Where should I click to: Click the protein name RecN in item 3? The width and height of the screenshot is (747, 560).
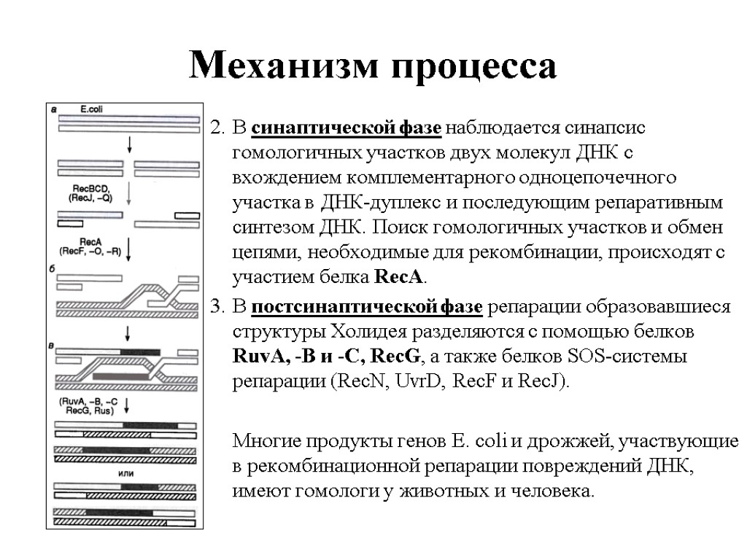[x=357, y=382]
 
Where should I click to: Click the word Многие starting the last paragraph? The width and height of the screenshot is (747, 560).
[x=266, y=441]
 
